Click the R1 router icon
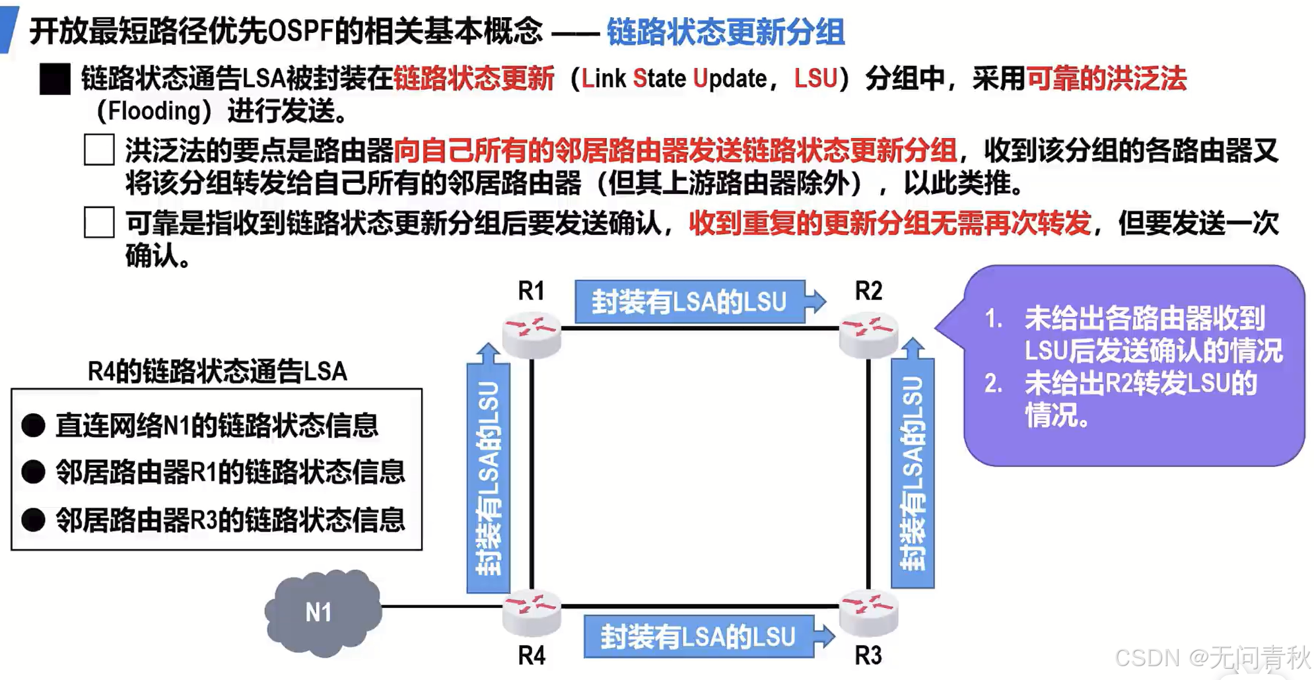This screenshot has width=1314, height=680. pyautogui.click(x=532, y=335)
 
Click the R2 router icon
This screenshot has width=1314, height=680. pyautogui.click(x=868, y=335)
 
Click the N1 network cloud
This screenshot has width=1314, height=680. pyautogui.click(x=322, y=613)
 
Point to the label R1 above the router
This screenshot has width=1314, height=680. pyautogui.click(x=532, y=291)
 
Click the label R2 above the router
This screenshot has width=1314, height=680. pyautogui.click(x=868, y=291)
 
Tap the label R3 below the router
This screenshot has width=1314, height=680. pyautogui.click(x=868, y=656)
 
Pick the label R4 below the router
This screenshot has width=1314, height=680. pyautogui.click(x=532, y=656)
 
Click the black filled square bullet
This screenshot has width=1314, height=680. pyautogui.click(x=55, y=79)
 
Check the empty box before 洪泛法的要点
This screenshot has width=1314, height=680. pyautogui.click(x=99, y=150)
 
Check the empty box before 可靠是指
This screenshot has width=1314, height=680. pyautogui.click(x=99, y=222)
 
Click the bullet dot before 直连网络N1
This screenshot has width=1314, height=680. pyautogui.click(x=33, y=426)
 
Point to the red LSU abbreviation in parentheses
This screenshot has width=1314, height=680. pyautogui.click(x=815, y=79)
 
